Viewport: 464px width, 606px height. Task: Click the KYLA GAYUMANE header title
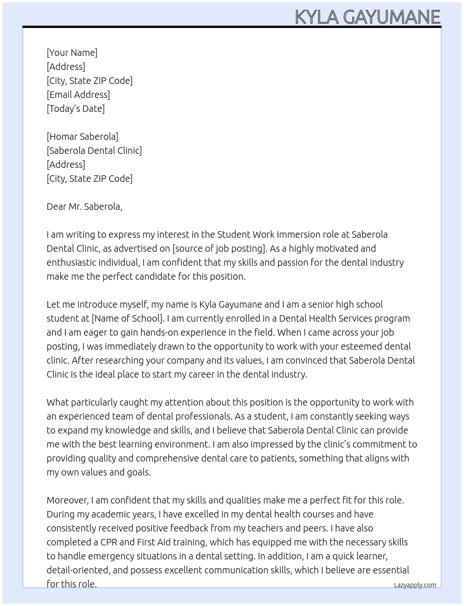(367, 17)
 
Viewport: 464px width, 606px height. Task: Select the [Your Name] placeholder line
(72, 53)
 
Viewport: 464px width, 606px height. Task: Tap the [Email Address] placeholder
(78, 95)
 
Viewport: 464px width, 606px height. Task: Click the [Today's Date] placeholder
(75, 109)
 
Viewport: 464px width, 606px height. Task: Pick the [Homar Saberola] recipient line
(82, 137)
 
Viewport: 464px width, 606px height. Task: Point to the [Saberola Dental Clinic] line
(94, 151)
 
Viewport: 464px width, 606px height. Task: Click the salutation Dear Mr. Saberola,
(84, 207)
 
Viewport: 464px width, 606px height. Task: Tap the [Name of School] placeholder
(128, 318)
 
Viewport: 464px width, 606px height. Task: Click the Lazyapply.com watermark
(415, 585)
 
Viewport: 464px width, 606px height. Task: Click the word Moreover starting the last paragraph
(68, 500)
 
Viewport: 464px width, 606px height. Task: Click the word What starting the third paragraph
(57, 402)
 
